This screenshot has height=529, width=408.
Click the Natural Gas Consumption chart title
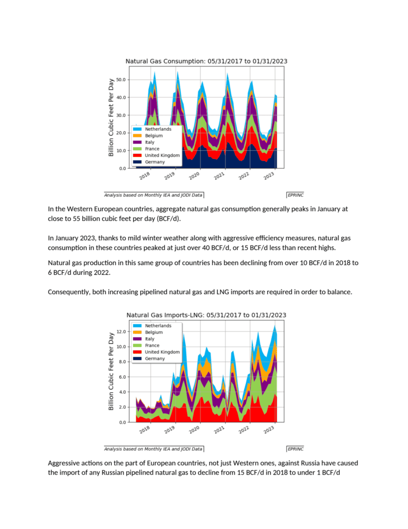click(x=206, y=61)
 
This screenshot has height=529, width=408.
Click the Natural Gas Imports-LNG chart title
click(x=206, y=315)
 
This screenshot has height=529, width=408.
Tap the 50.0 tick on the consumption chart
click(x=120, y=80)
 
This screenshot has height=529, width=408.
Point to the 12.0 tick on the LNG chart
click(x=120, y=331)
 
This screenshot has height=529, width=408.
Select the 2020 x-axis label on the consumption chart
click(x=194, y=176)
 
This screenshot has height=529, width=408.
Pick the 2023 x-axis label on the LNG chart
click(x=269, y=429)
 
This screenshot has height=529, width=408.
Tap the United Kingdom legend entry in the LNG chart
click(x=157, y=352)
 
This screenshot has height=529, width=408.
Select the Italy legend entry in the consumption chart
click(x=144, y=142)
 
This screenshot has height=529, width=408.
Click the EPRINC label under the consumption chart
click(x=295, y=195)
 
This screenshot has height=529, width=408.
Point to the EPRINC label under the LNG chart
click(x=295, y=449)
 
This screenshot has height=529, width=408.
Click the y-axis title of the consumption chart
click(x=111, y=117)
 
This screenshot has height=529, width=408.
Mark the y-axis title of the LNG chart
click(x=111, y=371)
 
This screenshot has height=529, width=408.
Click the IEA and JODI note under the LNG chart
click(x=154, y=449)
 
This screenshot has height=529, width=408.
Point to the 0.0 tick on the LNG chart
click(x=122, y=422)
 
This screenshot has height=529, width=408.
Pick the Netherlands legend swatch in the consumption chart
click(x=137, y=129)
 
